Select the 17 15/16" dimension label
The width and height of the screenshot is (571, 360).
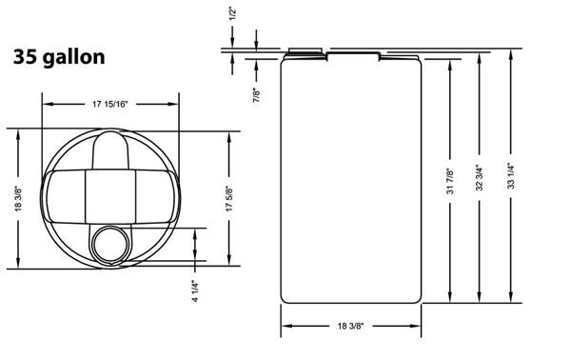pyautogui.click(x=111, y=104)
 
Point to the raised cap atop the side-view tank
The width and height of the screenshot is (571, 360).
pyautogui.click(x=307, y=50)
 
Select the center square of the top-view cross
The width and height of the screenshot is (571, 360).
pyautogui.click(x=111, y=195)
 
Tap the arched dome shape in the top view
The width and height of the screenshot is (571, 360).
pyautogui.click(x=111, y=149)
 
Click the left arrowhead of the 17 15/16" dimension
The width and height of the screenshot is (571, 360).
pyautogui.click(x=47, y=104)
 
